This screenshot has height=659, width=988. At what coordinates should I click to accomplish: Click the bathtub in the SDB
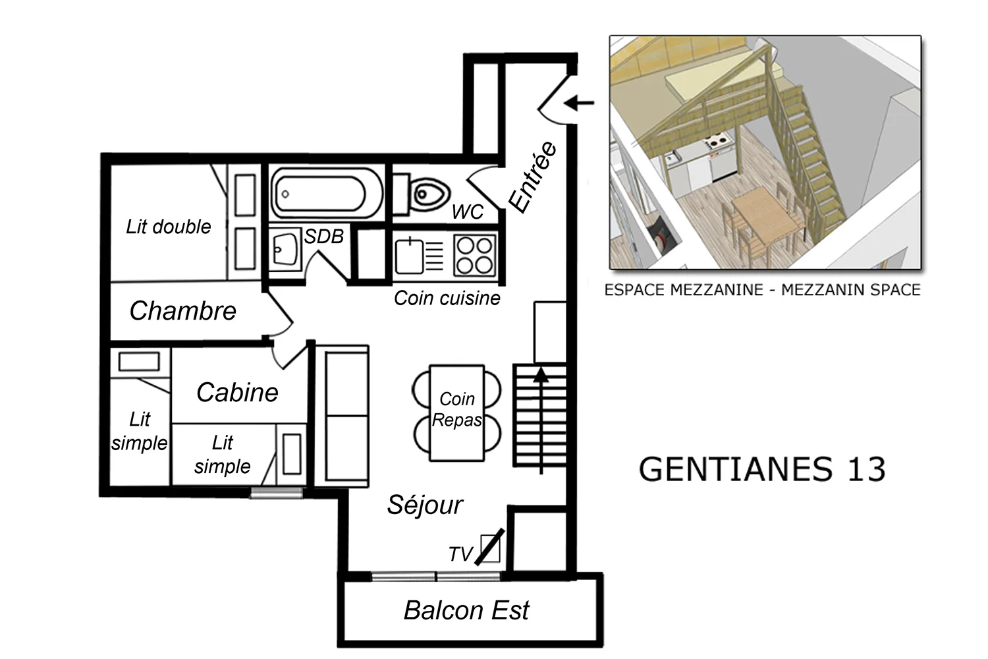[327, 193]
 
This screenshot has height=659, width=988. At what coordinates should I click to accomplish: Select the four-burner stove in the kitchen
[475, 256]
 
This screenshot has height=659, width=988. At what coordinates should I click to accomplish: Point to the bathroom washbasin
[285, 249]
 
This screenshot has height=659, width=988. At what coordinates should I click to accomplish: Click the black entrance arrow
[579, 103]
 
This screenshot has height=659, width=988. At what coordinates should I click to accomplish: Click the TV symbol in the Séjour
[489, 548]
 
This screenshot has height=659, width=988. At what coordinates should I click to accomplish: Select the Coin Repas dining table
[457, 413]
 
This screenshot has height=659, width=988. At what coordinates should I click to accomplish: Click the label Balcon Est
[466, 610]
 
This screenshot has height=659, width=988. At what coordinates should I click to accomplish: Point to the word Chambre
[182, 311]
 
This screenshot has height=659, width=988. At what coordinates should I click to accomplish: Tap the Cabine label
[237, 392]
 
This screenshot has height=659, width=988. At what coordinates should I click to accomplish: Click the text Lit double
[169, 227]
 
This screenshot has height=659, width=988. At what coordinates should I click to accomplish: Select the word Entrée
[533, 177]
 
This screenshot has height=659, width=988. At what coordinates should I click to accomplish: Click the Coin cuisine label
[447, 298]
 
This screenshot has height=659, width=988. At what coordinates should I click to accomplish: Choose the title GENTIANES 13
[762, 469]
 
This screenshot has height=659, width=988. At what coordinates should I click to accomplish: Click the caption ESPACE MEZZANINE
[684, 290]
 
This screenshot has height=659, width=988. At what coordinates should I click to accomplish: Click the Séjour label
[425, 505]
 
